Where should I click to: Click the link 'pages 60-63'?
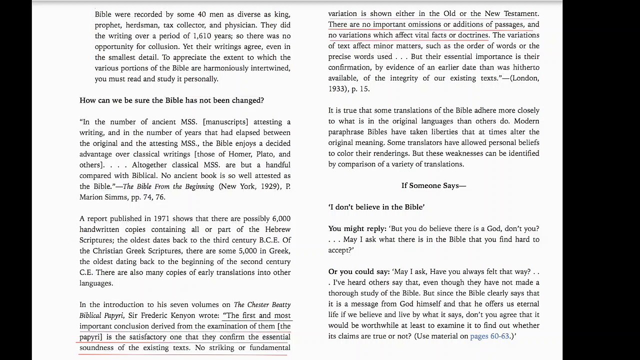489,336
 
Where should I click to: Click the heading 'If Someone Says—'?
433,186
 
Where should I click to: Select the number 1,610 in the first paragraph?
202,36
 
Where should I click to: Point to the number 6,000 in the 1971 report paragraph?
281,219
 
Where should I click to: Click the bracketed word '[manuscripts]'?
225,122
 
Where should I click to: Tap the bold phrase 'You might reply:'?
357,229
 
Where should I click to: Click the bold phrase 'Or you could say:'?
358,272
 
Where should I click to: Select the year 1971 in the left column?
162,219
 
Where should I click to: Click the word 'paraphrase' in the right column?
347,132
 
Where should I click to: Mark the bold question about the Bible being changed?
171,100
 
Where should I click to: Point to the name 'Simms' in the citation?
116,197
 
